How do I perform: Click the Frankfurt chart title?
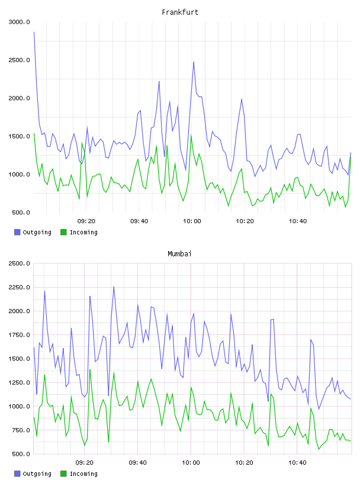tap(180, 12)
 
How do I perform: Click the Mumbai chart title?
tap(179, 254)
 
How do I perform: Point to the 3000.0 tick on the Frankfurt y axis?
tap(19, 22)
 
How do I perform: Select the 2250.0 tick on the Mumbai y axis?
tap(19, 288)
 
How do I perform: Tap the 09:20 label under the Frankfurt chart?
tap(86, 221)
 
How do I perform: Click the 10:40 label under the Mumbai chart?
tap(297, 463)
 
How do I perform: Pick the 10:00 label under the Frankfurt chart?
tap(192, 221)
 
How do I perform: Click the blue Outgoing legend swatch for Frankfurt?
tap(17, 232)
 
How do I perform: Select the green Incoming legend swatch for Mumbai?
tap(63, 474)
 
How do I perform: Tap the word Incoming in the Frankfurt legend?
tap(83, 233)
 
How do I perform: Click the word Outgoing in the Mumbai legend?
tap(37, 474)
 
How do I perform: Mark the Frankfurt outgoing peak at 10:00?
tap(194, 62)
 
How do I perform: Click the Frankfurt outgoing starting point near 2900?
tap(34, 32)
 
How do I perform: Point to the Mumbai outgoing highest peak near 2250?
tap(114, 286)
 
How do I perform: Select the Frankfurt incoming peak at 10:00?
tap(191, 135)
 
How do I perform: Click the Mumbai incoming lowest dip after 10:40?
tap(319, 449)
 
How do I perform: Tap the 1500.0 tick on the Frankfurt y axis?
tap(19, 137)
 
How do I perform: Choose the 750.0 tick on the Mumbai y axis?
tap(19, 430)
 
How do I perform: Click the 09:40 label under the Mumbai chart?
tap(138, 463)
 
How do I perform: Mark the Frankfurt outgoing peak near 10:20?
tap(242, 99)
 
